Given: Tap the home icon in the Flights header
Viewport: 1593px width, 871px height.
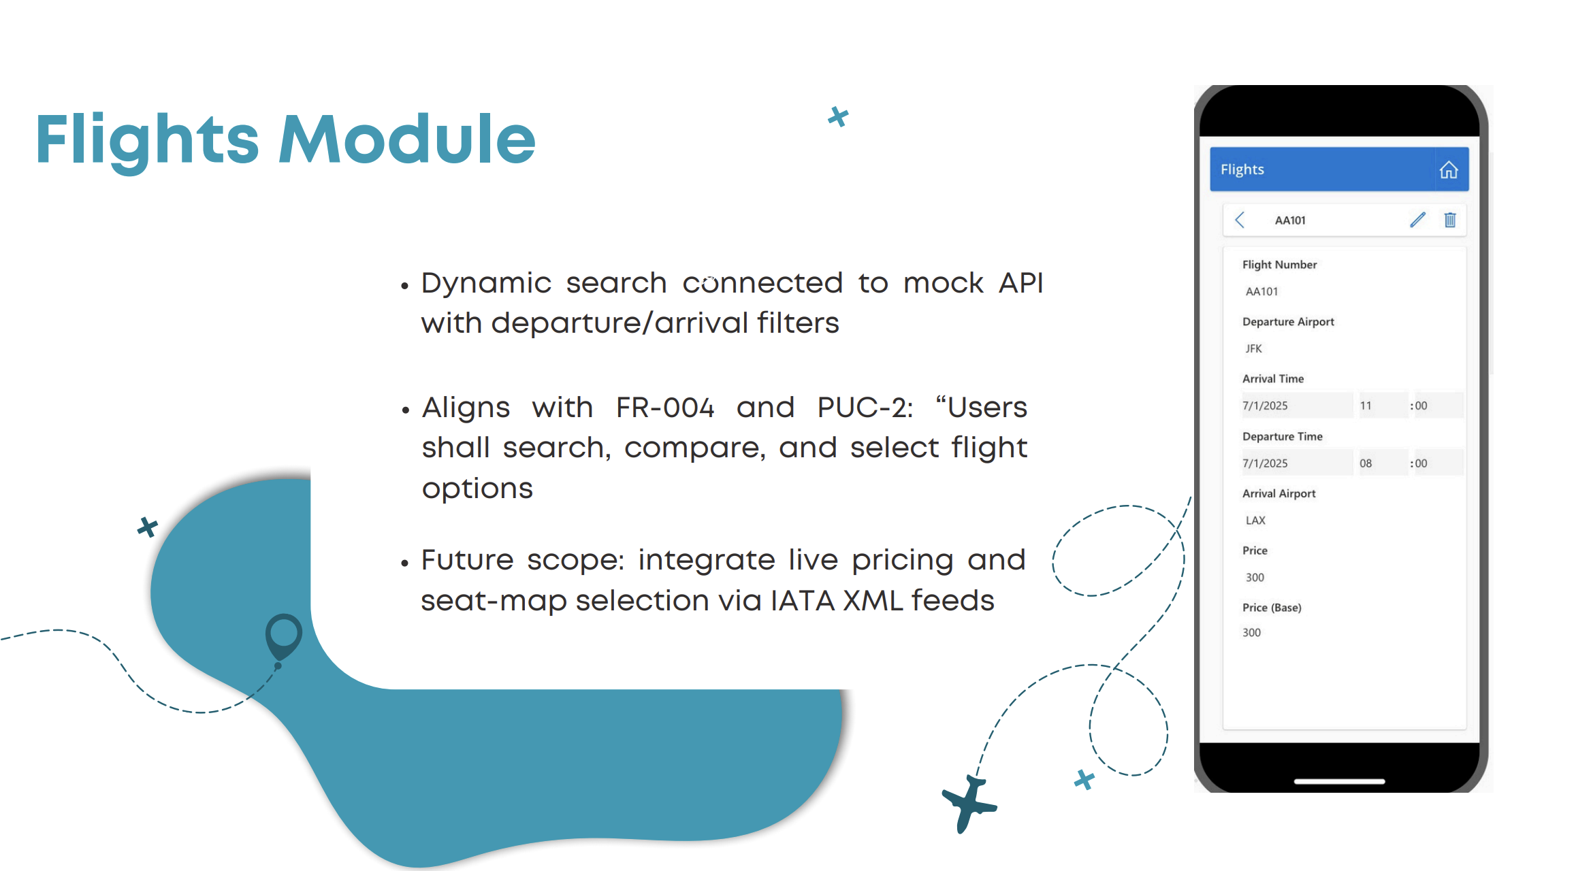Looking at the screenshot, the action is coord(1449,169).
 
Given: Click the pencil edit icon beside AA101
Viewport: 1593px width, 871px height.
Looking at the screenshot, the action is coord(1417,220).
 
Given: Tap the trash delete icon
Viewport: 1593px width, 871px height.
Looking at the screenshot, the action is coord(1450,220).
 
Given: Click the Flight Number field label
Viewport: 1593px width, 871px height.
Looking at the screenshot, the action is coord(1279,265).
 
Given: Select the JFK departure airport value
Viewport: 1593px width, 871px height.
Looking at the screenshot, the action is coord(1253,348).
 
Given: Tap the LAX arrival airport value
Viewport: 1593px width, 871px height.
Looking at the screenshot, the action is coord(1255,521).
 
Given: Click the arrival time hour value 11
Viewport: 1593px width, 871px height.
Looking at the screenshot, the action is coord(1366,406).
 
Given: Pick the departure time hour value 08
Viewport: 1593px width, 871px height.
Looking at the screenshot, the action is coord(1366,463).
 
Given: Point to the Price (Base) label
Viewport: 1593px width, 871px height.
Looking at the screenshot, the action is coord(1272,608).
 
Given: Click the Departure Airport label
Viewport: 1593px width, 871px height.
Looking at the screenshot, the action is coord(1288,322).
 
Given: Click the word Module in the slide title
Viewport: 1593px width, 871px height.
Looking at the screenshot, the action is coord(407,139).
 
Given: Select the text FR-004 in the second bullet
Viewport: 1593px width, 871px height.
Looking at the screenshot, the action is coord(665,408).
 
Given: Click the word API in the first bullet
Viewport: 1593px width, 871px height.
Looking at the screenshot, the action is coord(1020,283).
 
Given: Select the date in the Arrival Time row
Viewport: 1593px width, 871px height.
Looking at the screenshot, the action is coord(1265,406).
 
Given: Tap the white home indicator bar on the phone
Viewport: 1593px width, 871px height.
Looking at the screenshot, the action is coord(1339,781).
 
